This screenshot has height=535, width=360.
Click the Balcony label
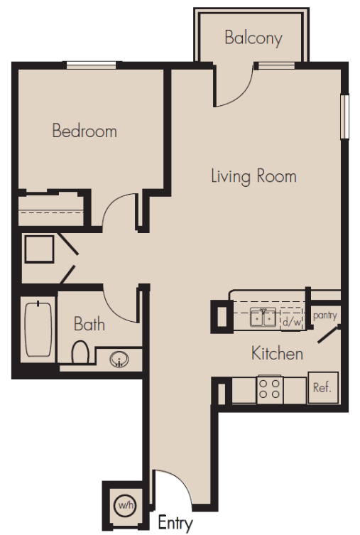253,38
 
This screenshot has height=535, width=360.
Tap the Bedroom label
84,131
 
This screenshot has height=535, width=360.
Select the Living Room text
253,176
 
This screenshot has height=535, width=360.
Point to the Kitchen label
277,353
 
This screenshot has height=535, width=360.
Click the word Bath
89,324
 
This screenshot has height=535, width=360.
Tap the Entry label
175,523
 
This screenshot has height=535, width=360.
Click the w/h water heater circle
126,505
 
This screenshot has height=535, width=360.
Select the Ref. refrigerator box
323,388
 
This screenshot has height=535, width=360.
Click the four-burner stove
270,389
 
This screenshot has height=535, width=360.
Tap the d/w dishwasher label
292,322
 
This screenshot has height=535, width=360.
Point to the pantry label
325,315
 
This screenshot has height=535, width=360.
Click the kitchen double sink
263,318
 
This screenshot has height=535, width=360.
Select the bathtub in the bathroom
38,330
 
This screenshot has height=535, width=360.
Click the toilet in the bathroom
80,352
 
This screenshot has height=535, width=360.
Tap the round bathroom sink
119,360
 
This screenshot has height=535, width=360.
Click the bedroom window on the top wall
91,65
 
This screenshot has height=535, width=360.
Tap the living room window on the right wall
345,117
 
